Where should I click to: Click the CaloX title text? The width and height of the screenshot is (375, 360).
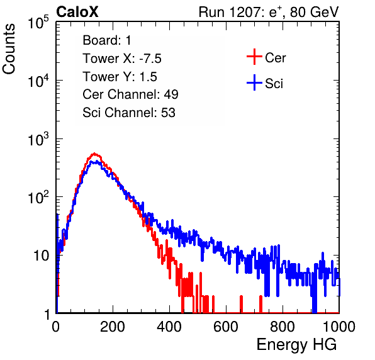(77, 12)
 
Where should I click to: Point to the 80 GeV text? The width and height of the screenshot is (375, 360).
(314, 12)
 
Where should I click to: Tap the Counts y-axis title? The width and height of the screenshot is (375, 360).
(9, 49)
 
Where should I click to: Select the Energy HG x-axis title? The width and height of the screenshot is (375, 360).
(296, 344)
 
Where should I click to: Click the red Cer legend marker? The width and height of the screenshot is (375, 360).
(254, 57)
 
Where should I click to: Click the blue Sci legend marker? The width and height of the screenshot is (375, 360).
(254, 82)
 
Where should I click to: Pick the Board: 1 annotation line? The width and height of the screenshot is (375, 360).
(107, 40)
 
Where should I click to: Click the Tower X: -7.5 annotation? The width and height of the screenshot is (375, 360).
(122, 59)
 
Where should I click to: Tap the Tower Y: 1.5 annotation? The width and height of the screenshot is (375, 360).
(120, 77)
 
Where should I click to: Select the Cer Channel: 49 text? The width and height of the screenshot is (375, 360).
(130, 94)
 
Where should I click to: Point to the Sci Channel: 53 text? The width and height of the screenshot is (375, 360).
(129, 113)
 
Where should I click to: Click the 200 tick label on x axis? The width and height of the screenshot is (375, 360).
(113, 327)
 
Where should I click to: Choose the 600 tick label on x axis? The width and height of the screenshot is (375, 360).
(226, 327)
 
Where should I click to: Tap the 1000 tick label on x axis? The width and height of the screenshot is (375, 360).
(339, 327)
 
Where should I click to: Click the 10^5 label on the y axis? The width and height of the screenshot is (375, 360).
(38, 22)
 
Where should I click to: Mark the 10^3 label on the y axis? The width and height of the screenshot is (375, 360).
(38, 139)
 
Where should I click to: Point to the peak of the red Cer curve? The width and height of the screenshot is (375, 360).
(94, 154)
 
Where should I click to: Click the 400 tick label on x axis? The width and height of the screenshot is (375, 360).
(169, 327)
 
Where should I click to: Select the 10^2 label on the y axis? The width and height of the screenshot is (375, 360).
(38, 197)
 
